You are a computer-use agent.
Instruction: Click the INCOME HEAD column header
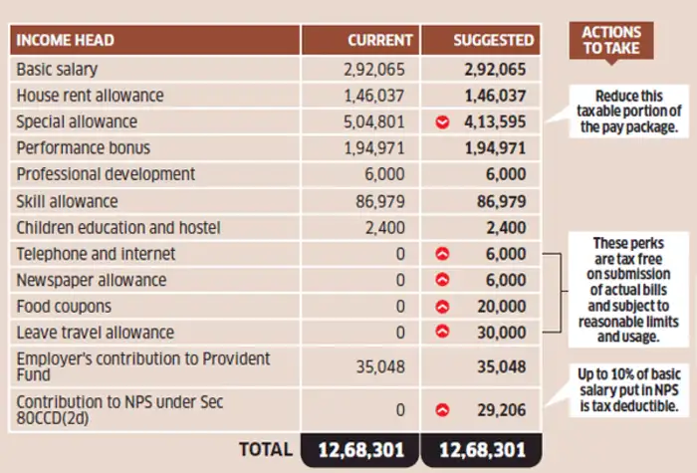click(66, 41)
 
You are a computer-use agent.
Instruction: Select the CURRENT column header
click(379, 41)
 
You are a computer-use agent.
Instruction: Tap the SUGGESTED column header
click(494, 41)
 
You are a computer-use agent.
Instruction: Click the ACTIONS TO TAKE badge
click(610, 40)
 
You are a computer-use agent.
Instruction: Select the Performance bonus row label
click(83, 148)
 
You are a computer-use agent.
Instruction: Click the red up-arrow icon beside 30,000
click(442, 333)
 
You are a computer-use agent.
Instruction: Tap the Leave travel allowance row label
click(95, 332)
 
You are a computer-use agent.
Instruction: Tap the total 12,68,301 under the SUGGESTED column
click(481, 449)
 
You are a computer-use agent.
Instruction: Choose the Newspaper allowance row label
click(91, 280)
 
